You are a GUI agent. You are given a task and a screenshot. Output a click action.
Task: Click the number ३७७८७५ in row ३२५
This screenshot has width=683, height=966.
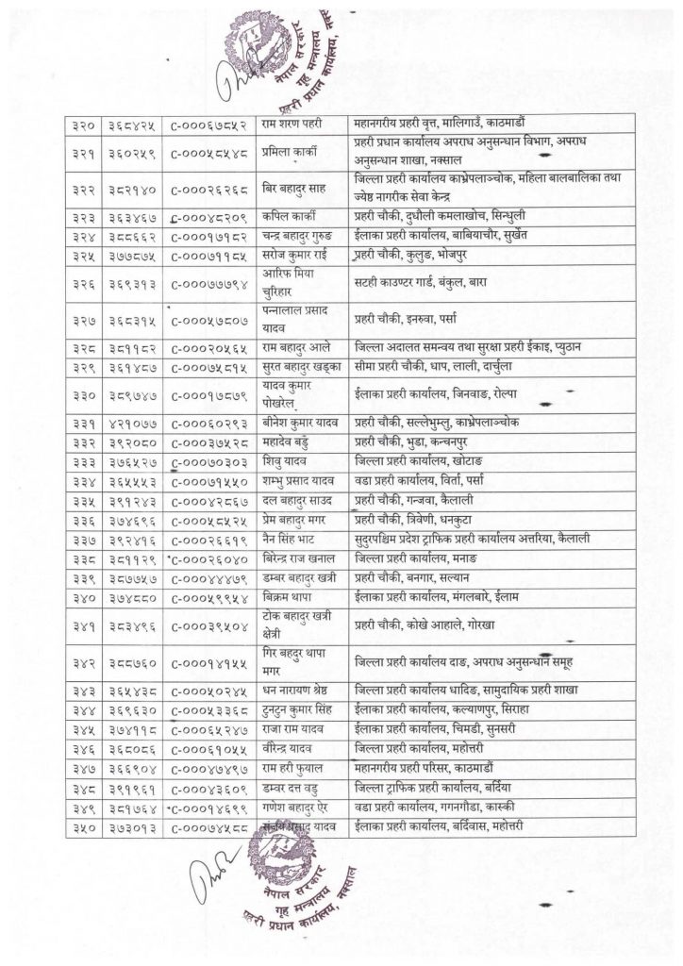131,255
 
